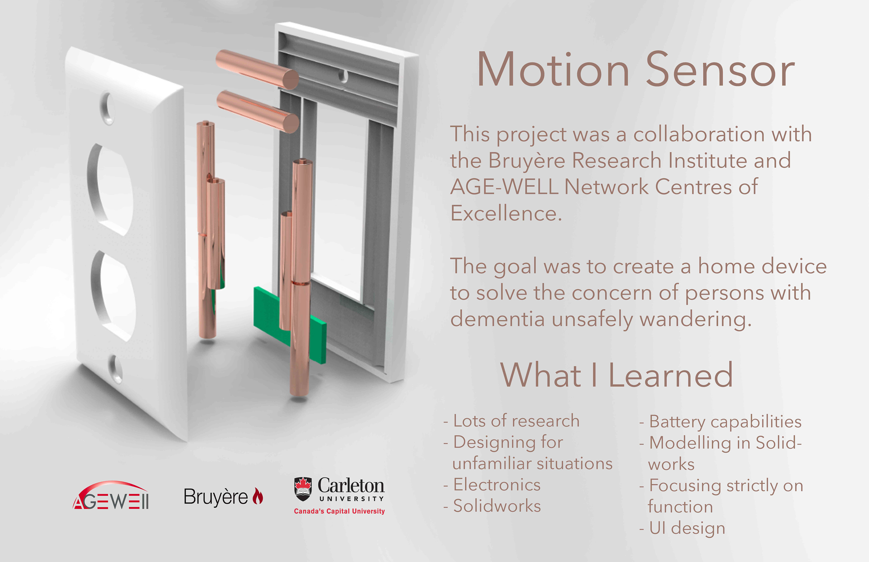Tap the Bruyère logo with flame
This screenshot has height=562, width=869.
coord(223,496)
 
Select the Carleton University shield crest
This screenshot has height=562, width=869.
coord(303,489)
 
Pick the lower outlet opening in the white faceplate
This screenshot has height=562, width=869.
coord(113,296)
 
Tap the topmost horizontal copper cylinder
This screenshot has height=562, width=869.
coord(257,70)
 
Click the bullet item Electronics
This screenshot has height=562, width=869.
coord(492,485)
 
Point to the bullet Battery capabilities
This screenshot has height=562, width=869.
coord(720,422)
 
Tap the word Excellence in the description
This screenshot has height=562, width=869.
coord(506,213)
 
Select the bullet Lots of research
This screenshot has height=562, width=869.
coord(511,421)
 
